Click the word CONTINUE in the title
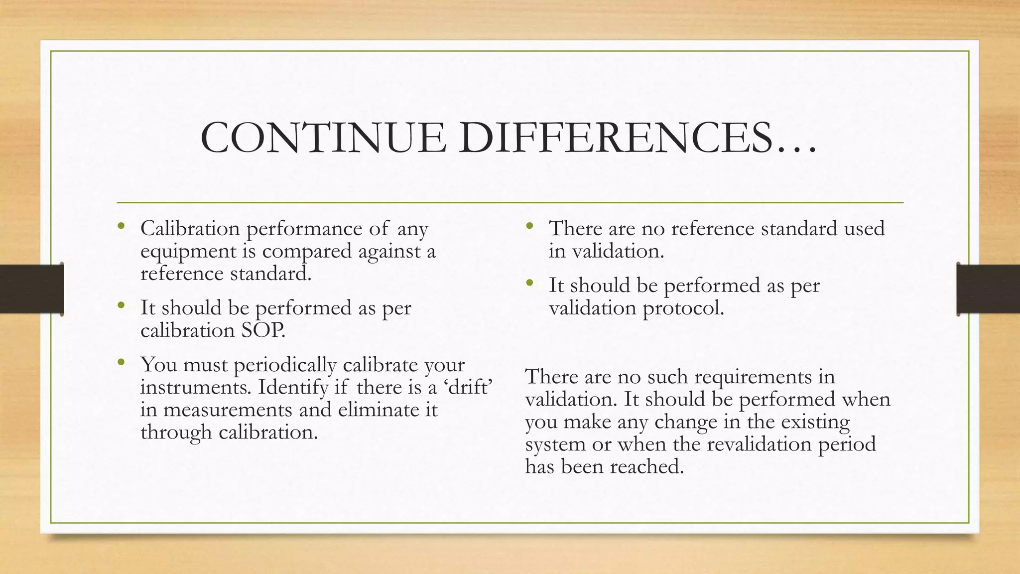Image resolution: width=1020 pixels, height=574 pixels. [x=323, y=138]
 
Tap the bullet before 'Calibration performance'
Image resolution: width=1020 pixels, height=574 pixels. [x=121, y=227]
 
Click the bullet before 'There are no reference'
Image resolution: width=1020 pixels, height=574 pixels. [x=529, y=227]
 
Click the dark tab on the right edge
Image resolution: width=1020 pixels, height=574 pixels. [x=988, y=289]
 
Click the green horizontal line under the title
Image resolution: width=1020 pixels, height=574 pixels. [x=510, y=203]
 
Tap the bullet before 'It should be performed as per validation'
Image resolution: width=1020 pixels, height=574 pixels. [x=529, y=283]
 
